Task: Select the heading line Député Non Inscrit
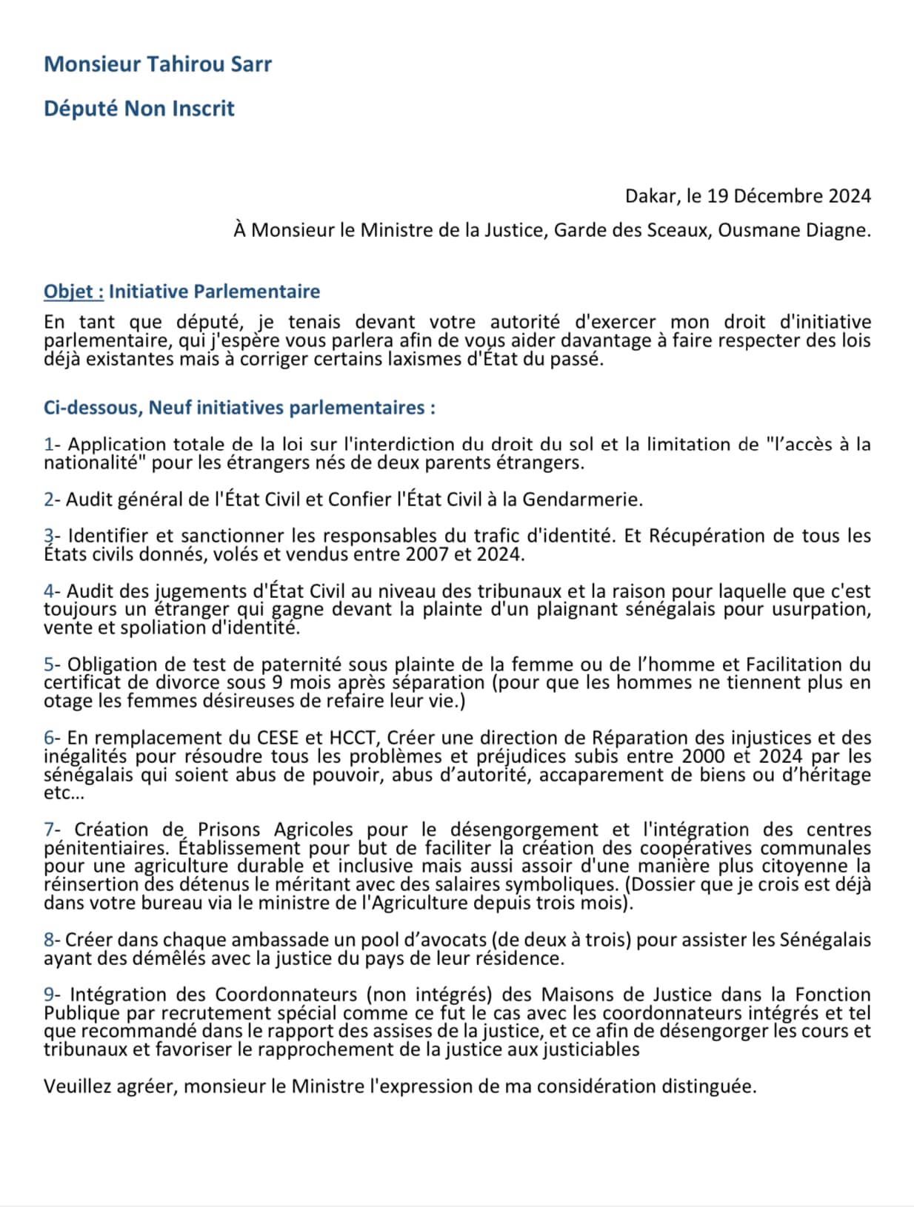(139, 108)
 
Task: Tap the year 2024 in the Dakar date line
(850, 196)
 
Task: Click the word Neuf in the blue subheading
(170, 408)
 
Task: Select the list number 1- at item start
(52, 445)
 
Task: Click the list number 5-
(52, 665)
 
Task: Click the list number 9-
(52, 995)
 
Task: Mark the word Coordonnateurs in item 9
(287, 995)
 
